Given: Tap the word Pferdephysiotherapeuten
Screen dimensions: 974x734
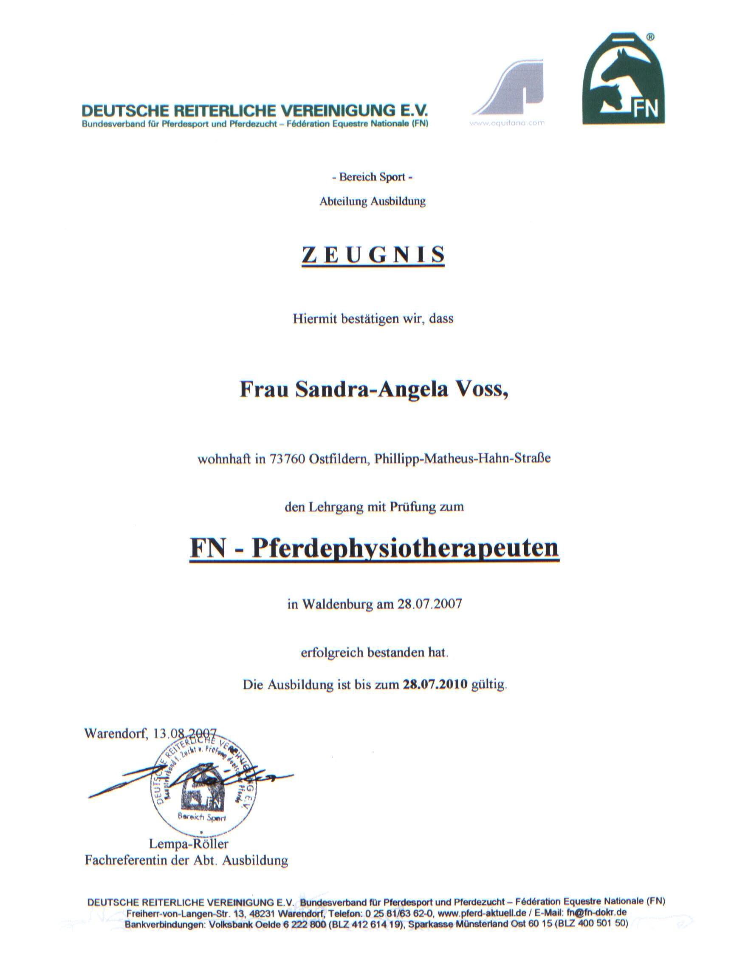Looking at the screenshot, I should click(x=405, y=548).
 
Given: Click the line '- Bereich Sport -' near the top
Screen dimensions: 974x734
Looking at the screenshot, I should click(x=372, y=177).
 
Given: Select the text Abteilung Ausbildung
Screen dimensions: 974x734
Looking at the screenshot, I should click(x=372, y=202).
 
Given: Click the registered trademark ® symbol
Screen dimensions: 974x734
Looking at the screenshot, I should click(x=650, y=38).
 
